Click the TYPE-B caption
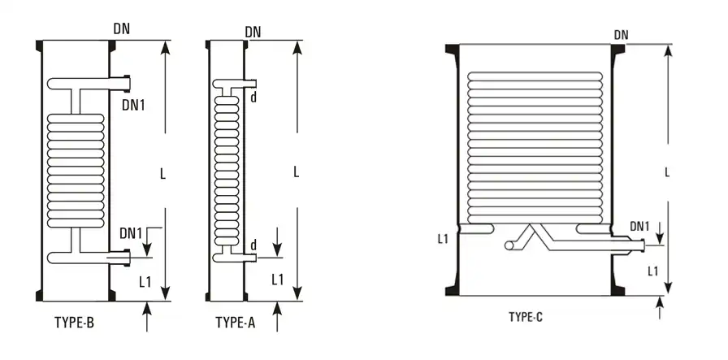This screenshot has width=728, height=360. pos(73,323)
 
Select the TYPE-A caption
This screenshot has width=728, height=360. pos(236,323)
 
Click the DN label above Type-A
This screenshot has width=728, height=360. pos(253,32)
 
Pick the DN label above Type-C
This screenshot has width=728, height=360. pos(622,35)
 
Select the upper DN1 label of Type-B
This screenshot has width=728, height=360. pos(133,104)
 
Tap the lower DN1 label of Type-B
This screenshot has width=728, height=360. pos(132,233)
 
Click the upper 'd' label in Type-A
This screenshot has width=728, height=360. pos(253,98)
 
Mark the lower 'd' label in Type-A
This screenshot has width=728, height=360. pos(253,245)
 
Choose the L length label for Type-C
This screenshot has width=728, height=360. pos(667,172)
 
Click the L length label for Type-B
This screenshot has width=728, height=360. pos(163,173)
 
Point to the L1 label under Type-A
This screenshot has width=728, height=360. pos(277,280)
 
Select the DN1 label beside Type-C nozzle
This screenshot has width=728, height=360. pos(640,226)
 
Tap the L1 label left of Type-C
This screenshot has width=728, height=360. pos(443,239)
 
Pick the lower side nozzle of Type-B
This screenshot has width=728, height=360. pos(122,258)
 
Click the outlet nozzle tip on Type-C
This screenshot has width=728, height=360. pos(642,243)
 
